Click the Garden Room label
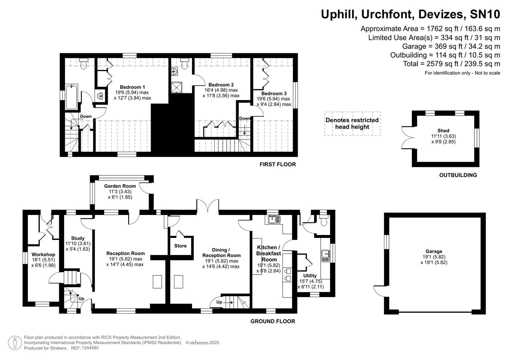coord(120,186)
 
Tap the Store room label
coord(180,246)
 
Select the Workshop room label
coord(43,255)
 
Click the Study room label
coord(78,238)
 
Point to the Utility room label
coord(310,276)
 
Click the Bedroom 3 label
coord(274,94)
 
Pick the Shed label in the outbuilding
coord(443,131)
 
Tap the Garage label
coord(434,251)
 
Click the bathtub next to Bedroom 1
coord(71,97)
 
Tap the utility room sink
coord(325,256)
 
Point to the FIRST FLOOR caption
coord(277,164)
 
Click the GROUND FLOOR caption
coord(272,321)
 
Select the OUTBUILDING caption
coord(458,175)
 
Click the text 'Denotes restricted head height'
coord(352,123)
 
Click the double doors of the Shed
coord(407,137)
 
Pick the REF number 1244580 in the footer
coord(90,348)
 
